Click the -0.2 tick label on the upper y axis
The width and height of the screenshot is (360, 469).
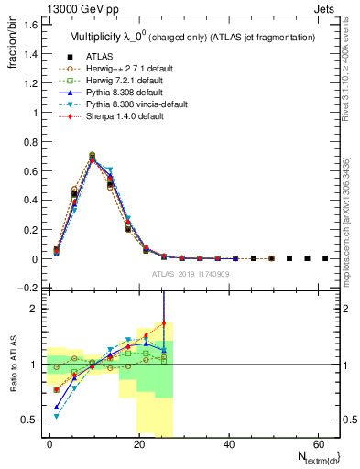(27, 288)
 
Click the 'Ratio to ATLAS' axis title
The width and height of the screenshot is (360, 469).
(14, 364)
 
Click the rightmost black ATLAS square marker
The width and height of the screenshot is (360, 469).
(325, 258)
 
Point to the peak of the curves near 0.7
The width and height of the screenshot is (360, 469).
(93, 157)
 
